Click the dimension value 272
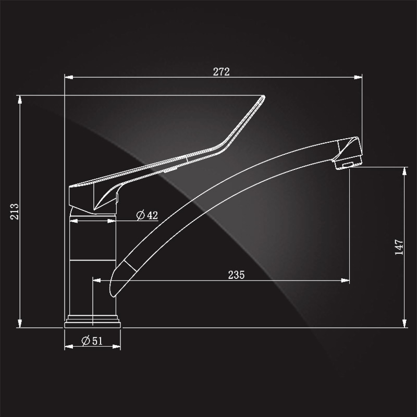(x=221, y=71)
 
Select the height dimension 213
(x=15, y=212)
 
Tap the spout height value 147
(x=399, y=247)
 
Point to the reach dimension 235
(x=236, y=275)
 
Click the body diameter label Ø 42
(x=147, y=215)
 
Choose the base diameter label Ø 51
(x=92, y=341)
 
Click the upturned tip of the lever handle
(x=263, y=96)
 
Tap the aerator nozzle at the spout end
(x=348, y=162)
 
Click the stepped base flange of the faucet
(x=93, y=322)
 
